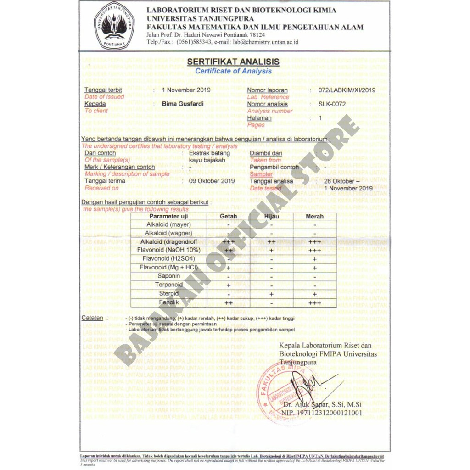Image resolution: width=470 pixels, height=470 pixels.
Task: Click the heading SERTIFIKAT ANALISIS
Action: [x=233, y=62]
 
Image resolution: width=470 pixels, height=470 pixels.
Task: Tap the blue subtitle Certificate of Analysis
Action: [x=233, y=71]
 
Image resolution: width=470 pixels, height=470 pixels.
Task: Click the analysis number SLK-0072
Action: [x=332, y=104]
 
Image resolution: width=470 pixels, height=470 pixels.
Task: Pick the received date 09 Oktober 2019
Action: [x=212, y=181]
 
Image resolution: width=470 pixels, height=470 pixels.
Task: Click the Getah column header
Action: [x=228, y=216]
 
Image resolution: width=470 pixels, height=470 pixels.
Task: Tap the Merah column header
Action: [x=314, y=216]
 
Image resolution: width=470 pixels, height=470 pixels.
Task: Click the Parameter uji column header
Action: [x=168, y=216]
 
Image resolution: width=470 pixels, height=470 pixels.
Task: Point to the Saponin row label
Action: [x=168, y=276]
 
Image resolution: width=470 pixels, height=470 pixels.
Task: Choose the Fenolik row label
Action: [x=168, y=302]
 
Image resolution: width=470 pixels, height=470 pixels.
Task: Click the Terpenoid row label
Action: [x=168, y=285]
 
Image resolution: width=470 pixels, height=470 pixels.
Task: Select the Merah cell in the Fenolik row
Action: [x=314, y=303]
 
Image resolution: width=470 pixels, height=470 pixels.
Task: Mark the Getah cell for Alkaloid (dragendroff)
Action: [x=228, y=242]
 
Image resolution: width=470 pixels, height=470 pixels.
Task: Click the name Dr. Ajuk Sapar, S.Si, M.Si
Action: [x=323, y=405]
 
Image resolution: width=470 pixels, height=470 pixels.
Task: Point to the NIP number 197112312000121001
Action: [x=323, y=413]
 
